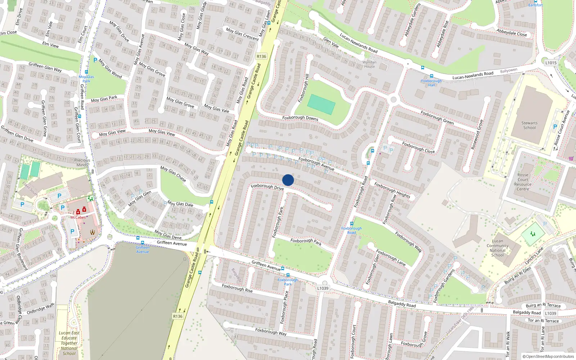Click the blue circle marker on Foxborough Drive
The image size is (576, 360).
coord(288,180)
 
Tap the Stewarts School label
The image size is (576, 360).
coord(529,125)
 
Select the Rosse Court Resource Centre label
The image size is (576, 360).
coord(523,182)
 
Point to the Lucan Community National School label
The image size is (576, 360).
coord(498,248)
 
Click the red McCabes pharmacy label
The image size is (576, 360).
coord(78,217)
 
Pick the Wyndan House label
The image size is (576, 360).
coord(369,64)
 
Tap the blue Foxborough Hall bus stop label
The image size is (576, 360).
coord(431,83)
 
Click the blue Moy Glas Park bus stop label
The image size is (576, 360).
coord(86,79)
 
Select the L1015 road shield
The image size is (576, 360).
coord(550,63)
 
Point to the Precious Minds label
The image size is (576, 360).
coord(82,162)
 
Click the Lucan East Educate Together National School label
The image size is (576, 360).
coord(69,343)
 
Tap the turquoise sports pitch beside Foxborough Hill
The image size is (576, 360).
coord(321,104)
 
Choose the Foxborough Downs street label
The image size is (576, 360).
coord(300,118)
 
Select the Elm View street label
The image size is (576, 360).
coord(50,45)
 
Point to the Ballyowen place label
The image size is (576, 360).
coord(508,71)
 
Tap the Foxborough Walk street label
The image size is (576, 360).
coord(408,242)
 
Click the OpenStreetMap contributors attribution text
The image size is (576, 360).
coord(548,357)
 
